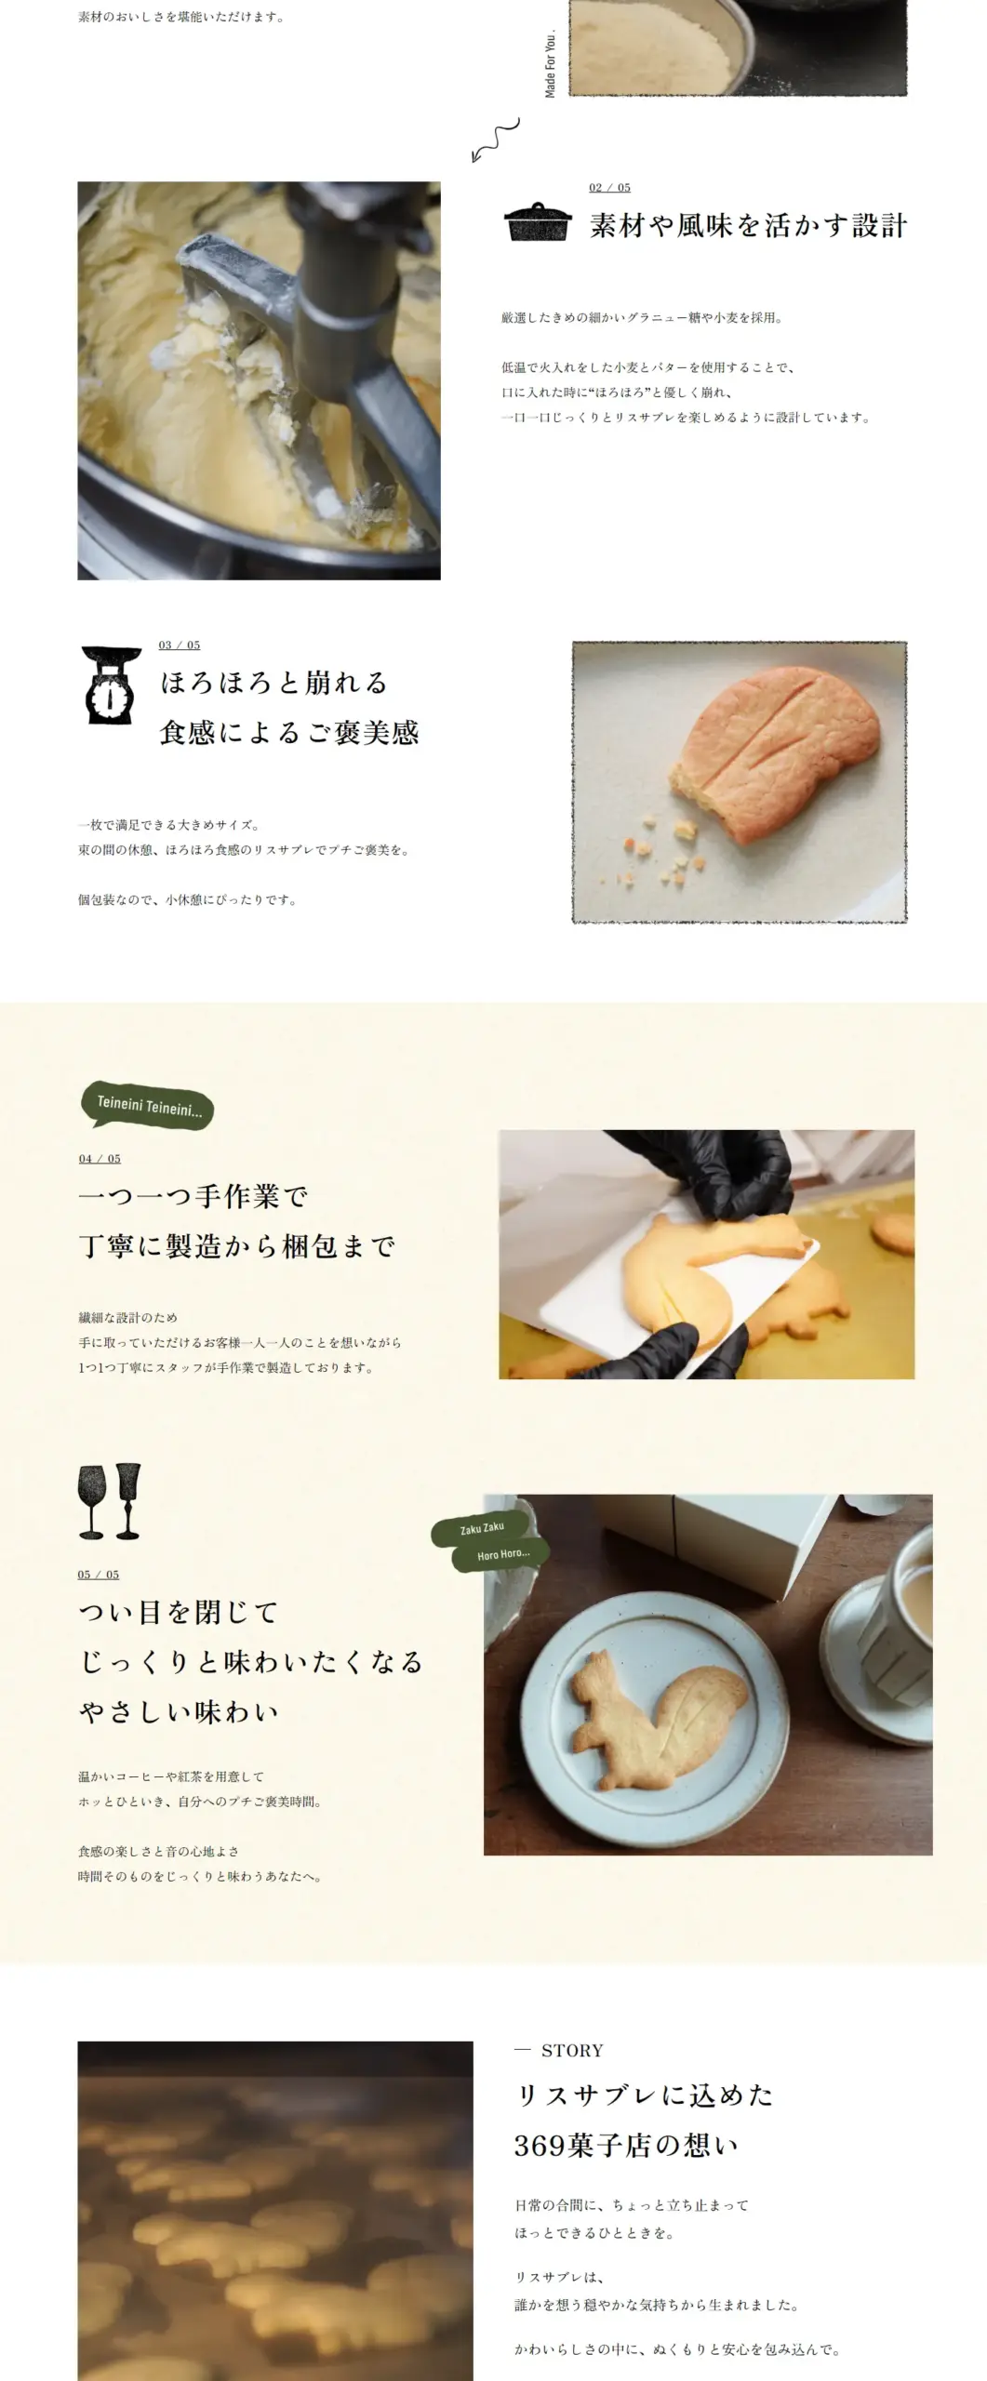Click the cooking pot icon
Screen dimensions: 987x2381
[537, 221]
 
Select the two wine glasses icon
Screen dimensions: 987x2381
[109, 1501]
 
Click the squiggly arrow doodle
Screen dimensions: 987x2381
[495, 140]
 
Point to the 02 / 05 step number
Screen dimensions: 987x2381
[609, 188]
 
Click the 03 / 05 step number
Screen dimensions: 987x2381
[180, 645]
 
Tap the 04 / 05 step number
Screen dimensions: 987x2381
[100, 1159]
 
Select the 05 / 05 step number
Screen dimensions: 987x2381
[99, 1575]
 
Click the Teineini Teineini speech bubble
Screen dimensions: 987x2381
[148, 1106]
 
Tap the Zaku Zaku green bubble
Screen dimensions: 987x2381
[482, 1528]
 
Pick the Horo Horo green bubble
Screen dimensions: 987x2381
[502, 1554]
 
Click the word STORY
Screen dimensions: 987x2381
[572, 2051]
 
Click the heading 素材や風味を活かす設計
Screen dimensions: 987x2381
[748, 225]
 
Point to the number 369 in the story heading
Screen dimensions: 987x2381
[540, 2146]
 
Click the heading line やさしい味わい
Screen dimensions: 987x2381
[180, 1712]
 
